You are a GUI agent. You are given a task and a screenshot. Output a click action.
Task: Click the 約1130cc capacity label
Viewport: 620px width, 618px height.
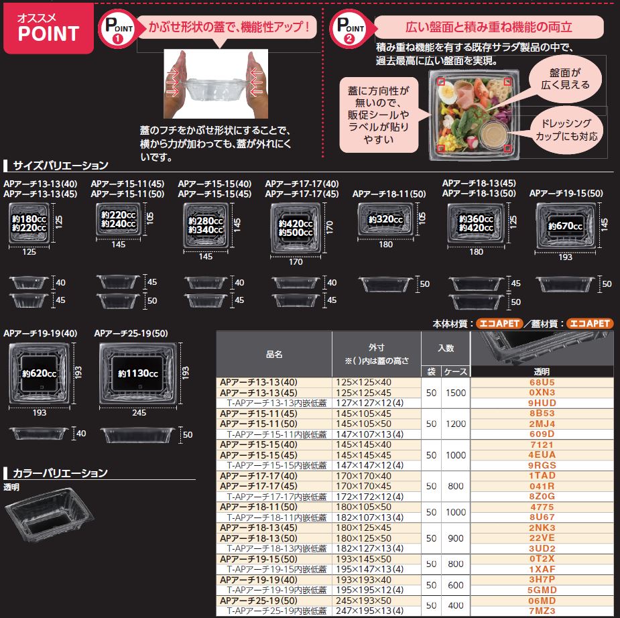[x=138, y=373]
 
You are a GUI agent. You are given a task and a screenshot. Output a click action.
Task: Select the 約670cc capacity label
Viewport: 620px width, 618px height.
[x=565, y=226]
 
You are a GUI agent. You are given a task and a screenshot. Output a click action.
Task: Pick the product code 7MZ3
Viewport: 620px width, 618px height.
[x=542, y=611]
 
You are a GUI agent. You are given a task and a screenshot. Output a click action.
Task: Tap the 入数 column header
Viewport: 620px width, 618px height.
[x=446, y=348]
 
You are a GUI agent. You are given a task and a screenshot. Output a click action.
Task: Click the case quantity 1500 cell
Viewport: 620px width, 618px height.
[x=455, y=391]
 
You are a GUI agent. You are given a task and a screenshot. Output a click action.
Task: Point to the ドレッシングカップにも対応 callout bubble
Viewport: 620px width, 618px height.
[x=566, y=129]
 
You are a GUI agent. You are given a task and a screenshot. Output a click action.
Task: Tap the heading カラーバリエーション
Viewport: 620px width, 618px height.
[x=60, y=473]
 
